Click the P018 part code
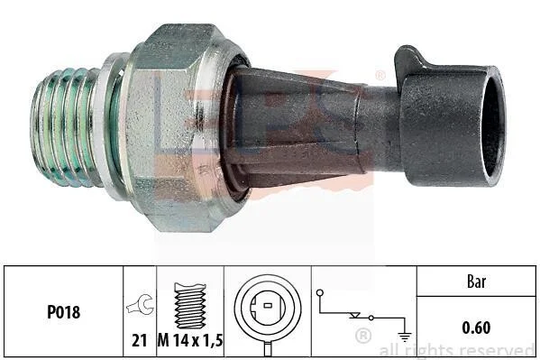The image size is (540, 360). point(64,312)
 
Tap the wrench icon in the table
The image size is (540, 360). point(140,305)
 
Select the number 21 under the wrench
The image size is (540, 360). point(140,341)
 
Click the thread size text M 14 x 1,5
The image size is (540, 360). point(190,341)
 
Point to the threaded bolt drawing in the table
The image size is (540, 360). point(189,306)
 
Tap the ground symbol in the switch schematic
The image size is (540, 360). point(404,336)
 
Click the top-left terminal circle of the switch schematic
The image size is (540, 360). point(320,292)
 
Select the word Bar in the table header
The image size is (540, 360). point(477,282)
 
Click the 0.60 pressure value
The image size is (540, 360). point(476,328)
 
